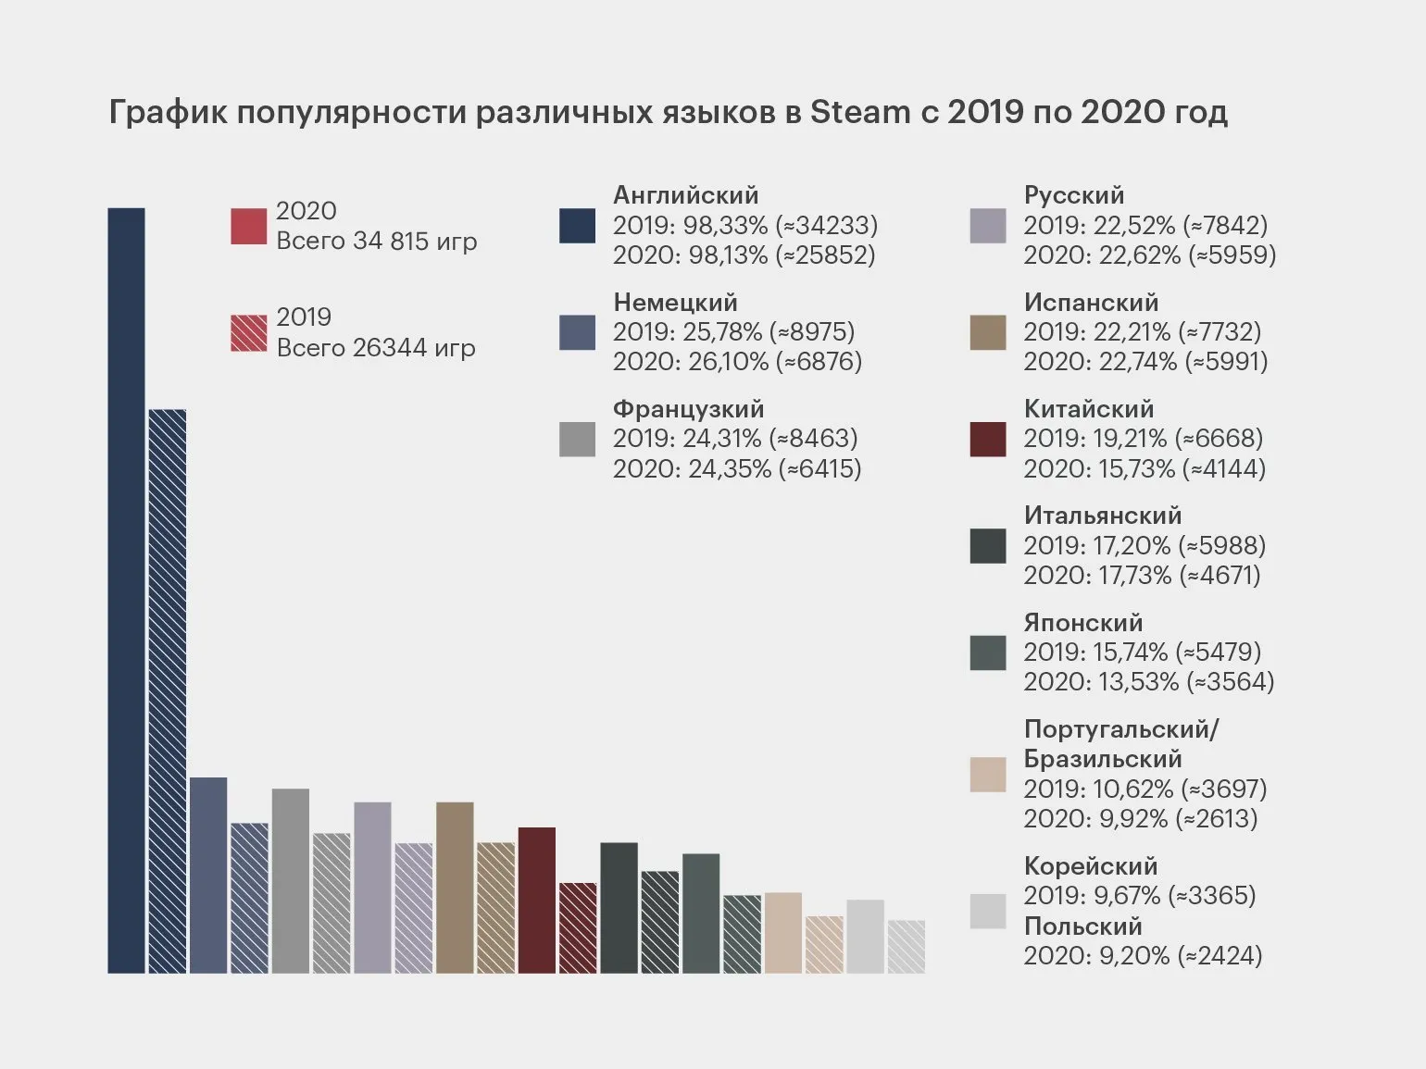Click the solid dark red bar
pos(537,900)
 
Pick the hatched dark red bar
pos(578,927)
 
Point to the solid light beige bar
pos(782,932)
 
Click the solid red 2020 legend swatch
pos(248,227)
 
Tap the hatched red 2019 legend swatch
pos(248,333)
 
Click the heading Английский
pos(685,195)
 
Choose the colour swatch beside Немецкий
pos(577,332)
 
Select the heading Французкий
pos(688,409)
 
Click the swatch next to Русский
pos(987,226)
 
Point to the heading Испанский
pos(1091,303)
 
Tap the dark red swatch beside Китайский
pos(987,440)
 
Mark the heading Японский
pos(1082,623)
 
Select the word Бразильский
pos(1102,759)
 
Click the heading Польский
pos(1082,926)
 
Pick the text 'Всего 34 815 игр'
pos(377,242)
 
